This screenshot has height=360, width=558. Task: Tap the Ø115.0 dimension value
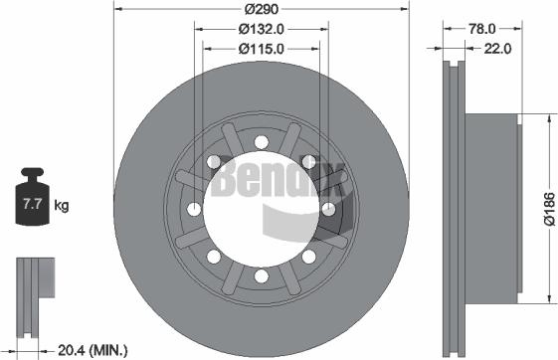(x=261, y=47)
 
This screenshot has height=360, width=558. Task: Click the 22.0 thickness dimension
(x=497, y=47)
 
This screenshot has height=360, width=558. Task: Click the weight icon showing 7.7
(x=32, y=205)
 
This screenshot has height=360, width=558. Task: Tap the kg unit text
(x=62, y=206)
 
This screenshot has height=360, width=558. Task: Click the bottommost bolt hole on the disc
(x=260, y=275)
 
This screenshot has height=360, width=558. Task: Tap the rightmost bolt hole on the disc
(x=327, y=208)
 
